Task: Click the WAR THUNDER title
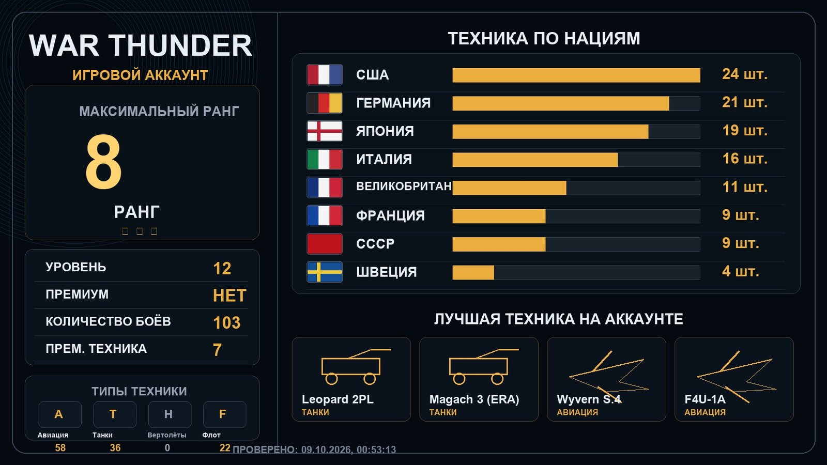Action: pyautogui.click(x=140, y=45)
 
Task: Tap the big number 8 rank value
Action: pyautogui.click(x=103, y=162)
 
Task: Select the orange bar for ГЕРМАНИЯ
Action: pyautogui.click(x=560, y=103)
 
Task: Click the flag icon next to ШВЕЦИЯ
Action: pyautogui.click(x=325, y=272)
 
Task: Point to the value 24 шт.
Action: pyautogui.click(x=744, y=74)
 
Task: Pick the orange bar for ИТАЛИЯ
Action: pyautogui.click(x=535, y=160)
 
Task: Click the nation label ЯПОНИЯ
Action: pyautogui.click(x=385, y=131)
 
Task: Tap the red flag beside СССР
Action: pyautogui.click(x=325, y=244)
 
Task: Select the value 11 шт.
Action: pyautogui.click(x=744, y=187)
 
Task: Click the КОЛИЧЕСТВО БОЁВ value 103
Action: pyautogui.click(x=227, y=322)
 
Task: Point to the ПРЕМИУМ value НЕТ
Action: pyautogui.click(x=229, y=296)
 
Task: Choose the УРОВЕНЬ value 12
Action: pyautogui.click(x=222, y=268)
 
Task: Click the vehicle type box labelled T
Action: pyautogui.click(x=114, y=414)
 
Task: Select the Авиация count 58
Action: pyautogui.click(x=60, y=447)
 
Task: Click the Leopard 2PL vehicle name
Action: pyautogui.click(x=338, y=399)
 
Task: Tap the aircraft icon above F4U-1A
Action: pyautogui.click(x=736, y=377)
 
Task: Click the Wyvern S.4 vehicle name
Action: pyautogui.click(x=589, y=399)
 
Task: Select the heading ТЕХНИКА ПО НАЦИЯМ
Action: pyautogui.click(x=544, y=38)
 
